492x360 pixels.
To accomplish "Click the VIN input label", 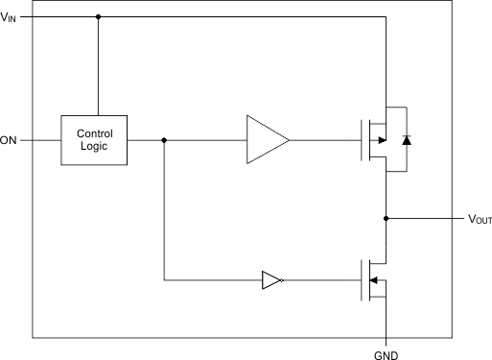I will point(9,16).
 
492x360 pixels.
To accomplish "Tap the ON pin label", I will point(9,140).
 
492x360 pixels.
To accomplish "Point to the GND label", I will point(386,352).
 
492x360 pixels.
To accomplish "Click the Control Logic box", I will point(94,140).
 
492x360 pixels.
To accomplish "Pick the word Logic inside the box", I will point(94,147).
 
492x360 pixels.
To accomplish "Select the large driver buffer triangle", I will point(265,140).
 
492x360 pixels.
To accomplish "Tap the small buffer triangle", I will point(271,280).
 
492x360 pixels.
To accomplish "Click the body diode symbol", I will point(406,140).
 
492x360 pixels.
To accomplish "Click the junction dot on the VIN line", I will point(98,16).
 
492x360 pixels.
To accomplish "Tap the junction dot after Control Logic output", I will point(164,140).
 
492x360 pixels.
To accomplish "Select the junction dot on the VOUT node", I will point(386,218).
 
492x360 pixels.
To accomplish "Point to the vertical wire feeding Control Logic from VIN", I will point(98,67).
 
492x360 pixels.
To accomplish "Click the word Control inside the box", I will point(94,133).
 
